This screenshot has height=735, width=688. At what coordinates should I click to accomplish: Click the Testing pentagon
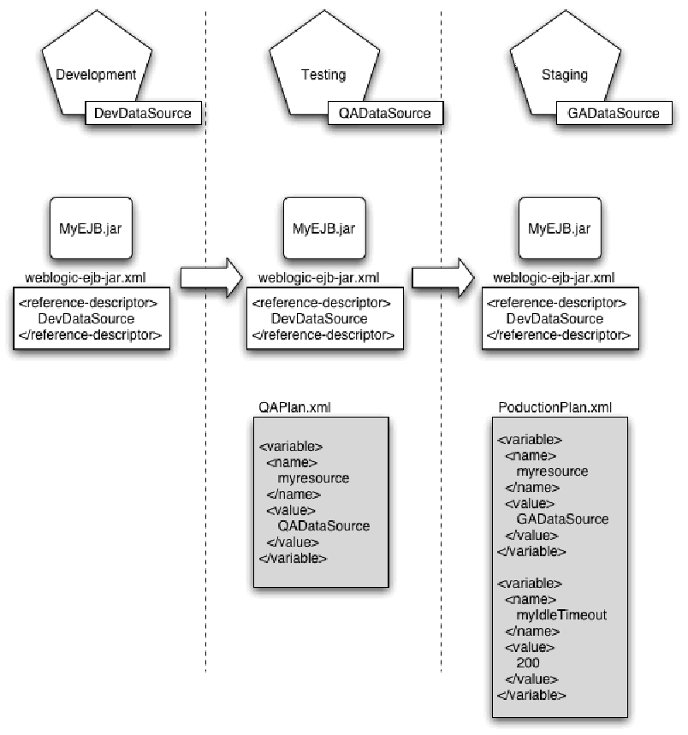(x=323, y=75)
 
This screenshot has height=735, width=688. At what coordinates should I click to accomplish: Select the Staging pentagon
(x=565, y=75)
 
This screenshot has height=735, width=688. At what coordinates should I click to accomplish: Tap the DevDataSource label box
(x=143, y=113)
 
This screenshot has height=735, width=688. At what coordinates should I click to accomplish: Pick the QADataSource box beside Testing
(x=385, y=113)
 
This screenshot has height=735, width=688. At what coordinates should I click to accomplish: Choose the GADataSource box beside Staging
(x=614, y=113)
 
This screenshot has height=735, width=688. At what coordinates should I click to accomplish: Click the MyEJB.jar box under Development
(x=92, y=228)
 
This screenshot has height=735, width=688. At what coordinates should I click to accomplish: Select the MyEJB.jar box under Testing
(x=324, y=228)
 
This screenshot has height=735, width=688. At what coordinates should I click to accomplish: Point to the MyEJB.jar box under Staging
(x=560, y=228)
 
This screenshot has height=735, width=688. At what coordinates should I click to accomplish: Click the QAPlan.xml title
(x=294, y=407)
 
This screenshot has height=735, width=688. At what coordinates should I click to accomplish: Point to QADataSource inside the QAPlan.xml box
(x=323, y=525)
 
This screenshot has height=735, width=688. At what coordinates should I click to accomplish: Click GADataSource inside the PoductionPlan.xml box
(x=562, y=519)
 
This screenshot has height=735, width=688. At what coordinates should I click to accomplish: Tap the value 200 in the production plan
(x=528, y=662)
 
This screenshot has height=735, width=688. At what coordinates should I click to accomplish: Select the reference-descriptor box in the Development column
(x=92, y=319)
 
